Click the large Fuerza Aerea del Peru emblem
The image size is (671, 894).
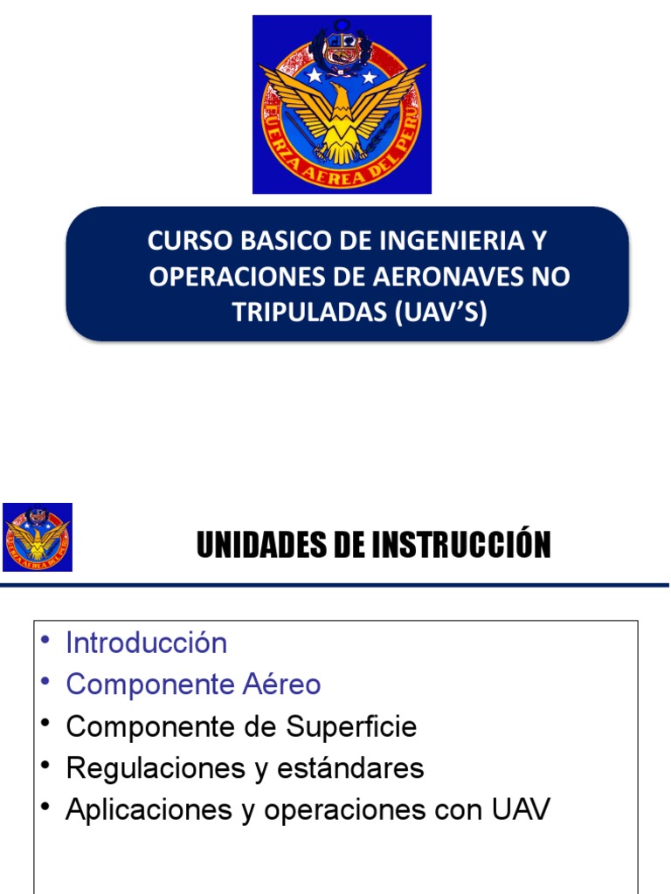[342, 104]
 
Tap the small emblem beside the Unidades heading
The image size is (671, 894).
[38, 537]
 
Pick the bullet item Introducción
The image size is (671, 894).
[146, 643]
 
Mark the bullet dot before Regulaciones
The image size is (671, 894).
[45, 766]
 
